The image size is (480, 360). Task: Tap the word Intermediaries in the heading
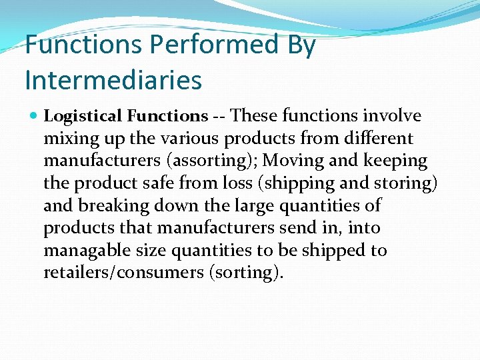point(113,81)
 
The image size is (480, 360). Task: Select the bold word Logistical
point(83,116)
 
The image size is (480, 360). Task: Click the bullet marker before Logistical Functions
point(35,117)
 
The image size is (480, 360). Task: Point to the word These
point(255,116)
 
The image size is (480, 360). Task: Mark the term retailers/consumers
point(123,273)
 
